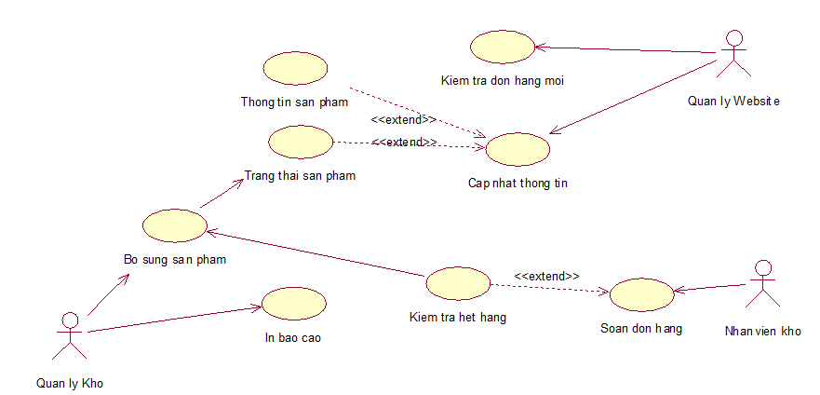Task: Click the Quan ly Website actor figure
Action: [x=733, y=54]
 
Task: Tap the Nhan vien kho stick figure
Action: [x=762, y=283]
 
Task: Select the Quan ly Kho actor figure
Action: [x=70, y=336]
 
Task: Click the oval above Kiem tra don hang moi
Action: [x=503, y=47]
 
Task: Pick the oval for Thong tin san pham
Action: [x=295, y=68]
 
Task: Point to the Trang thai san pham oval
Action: [x=301, y=142]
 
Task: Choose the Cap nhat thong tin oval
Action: [x=518, y=149]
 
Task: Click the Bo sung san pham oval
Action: [x=175, y=225]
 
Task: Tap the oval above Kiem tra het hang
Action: [x=458, y=283]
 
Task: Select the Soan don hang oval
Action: [x=641, y=295]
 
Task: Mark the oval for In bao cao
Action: [x=294, y=304]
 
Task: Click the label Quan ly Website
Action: [x=733, y=102]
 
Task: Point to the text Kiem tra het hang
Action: [x=458, y=317]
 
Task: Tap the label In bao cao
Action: [x=293, y=337]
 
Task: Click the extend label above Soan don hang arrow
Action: [x=547, y=276]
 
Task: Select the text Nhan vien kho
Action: [x=763, y=331]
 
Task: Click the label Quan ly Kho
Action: [x=70, y=384]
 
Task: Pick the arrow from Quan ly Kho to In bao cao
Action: [x=175, y=320]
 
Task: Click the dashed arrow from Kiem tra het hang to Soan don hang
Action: [x=550, y=288]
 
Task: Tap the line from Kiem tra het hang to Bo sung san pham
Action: [x=316, y=252]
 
